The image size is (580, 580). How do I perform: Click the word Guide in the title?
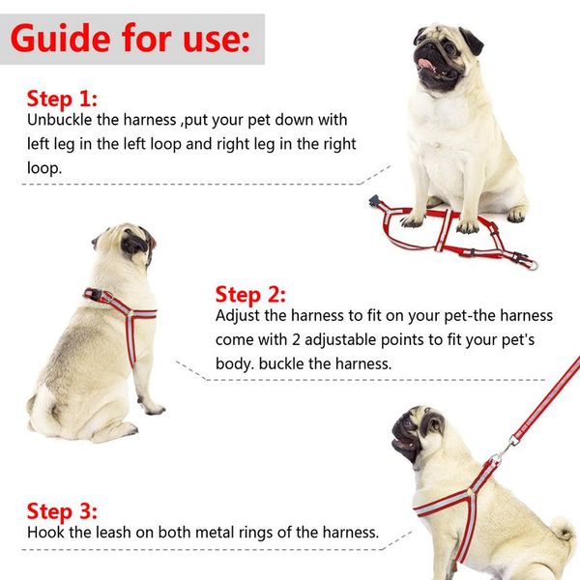pyautogui.click(x=61, y=38)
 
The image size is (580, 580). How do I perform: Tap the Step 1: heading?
pyautogui.click(x=62, y=99)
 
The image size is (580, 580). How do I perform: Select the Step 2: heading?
pyautogui.click(x=250, y=295)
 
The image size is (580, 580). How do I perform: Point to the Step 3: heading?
pyautogui.click(x=62, y=511)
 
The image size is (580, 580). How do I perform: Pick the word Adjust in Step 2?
pyautogui.click(x=238, y=316)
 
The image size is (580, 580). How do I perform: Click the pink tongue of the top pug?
pyautogui.click(x=426, y=63)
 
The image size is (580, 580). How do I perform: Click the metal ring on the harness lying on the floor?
pyautogui.click(x=532, y=265)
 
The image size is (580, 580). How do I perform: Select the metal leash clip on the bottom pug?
pyautogui.click(x=506, y=450)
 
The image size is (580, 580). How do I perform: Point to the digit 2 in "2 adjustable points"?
pyautogui.click(x=296, y=340)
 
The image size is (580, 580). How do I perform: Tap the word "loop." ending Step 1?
pyautogui.click(x=44, y=168)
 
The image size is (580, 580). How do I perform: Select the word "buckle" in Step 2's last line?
pyautogui.click(x=282, y=363)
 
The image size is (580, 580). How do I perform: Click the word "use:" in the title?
pyautogui.click(x=216, y=39)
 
